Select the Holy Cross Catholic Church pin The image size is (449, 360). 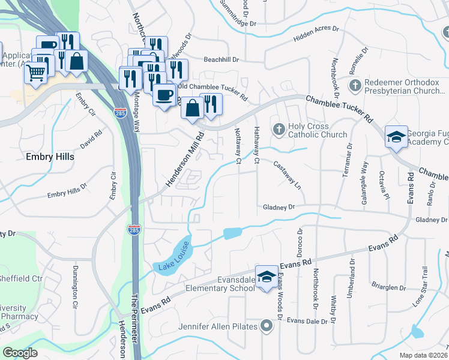coord(278,129)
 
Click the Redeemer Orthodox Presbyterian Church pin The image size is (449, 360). coord(355,85)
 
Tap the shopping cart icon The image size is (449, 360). coord(35,73)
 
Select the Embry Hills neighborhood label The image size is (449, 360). coord(50,157)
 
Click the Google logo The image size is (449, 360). coord(20,353)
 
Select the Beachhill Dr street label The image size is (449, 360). coord(221,60)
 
